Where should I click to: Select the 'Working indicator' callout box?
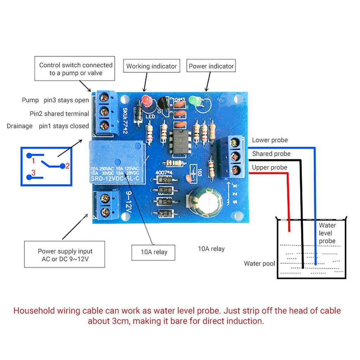click(151, 66)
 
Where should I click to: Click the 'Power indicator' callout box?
click(211, 66)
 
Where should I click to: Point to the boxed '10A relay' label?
click(154, 252)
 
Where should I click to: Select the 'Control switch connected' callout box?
click(76, 69)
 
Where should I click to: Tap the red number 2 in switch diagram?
click(67, 166)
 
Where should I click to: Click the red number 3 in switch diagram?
click(33, 173)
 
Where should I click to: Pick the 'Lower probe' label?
click(270, 140)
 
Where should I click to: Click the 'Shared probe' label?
click(271, 154)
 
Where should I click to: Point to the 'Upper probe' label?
click(269, 168)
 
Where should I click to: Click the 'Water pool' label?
click(259, 264)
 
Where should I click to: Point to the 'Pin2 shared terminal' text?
click(59, 114)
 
